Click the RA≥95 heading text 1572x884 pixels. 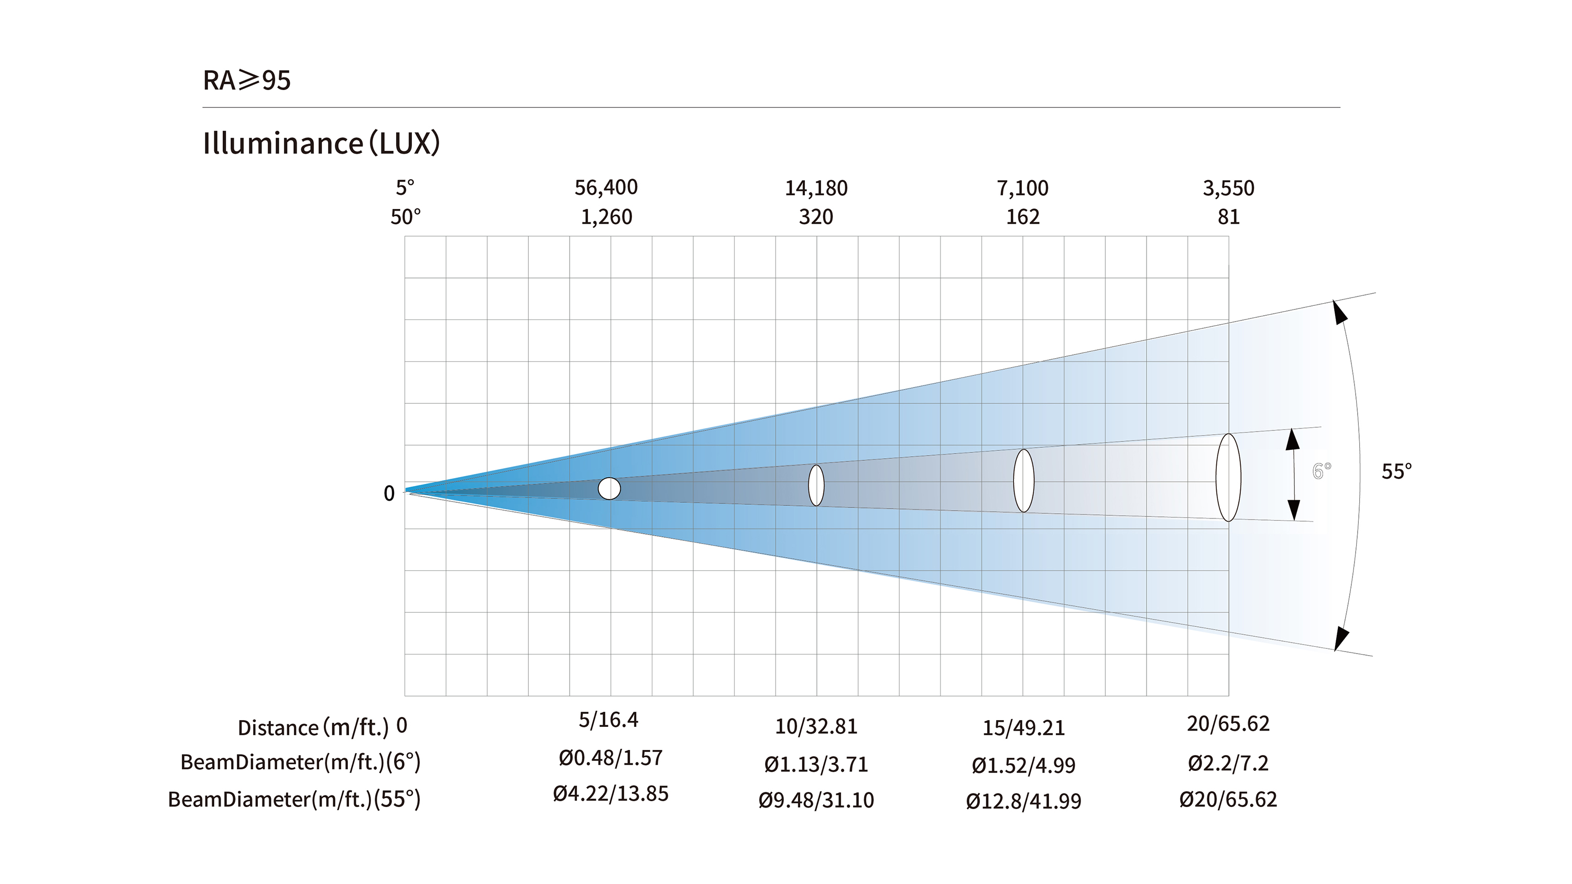246,80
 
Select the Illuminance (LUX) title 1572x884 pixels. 321,143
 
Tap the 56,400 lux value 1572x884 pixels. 606,188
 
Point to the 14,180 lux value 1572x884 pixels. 816,188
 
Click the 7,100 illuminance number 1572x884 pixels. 1023,188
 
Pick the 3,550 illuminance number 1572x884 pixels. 1228,188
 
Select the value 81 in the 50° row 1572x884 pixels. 1228,217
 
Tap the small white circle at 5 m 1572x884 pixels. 609,489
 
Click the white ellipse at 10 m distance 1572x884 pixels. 816,485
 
